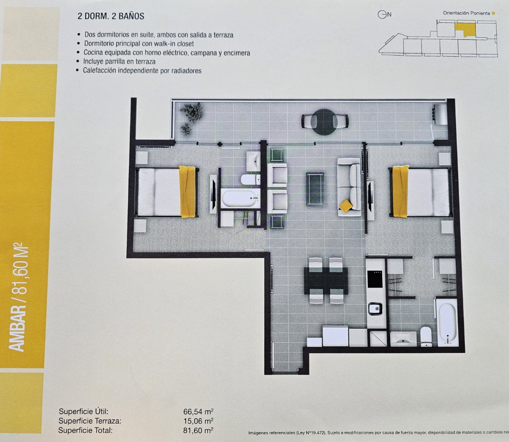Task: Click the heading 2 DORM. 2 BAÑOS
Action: (111, 17)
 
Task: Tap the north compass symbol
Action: (382, 14)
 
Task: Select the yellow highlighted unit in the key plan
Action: (464, 29)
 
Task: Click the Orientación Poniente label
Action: (466, 13)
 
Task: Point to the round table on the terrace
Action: (325, 122)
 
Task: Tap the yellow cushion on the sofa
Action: (346, 206)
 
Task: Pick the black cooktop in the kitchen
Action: (375, 279)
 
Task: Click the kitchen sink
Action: (375, 308)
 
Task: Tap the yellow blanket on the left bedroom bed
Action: (187, 191)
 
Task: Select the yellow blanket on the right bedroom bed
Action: (400, 191)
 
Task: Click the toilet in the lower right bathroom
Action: (425, 336)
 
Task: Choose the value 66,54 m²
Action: (198, 411)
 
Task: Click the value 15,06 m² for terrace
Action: (198, 421)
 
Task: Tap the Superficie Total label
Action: (85, 430)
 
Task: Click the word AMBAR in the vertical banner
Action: (18, 330)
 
